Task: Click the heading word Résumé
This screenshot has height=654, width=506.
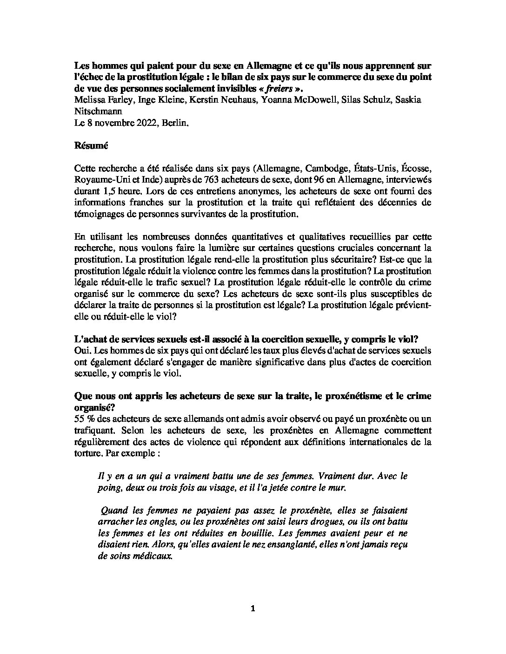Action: pos(91,145)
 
